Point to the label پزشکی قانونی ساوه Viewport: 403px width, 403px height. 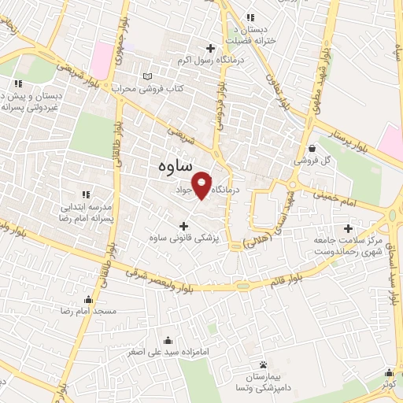(x=184, y=237)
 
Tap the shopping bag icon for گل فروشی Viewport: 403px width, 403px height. (x=312, y=147)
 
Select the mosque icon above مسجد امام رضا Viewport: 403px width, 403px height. (x=88, y=299)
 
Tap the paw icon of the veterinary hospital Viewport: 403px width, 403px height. (x=263, y=364)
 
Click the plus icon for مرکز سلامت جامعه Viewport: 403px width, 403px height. (x=347, y=205)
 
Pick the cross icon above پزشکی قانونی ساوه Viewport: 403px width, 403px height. (x=184, y=224)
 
